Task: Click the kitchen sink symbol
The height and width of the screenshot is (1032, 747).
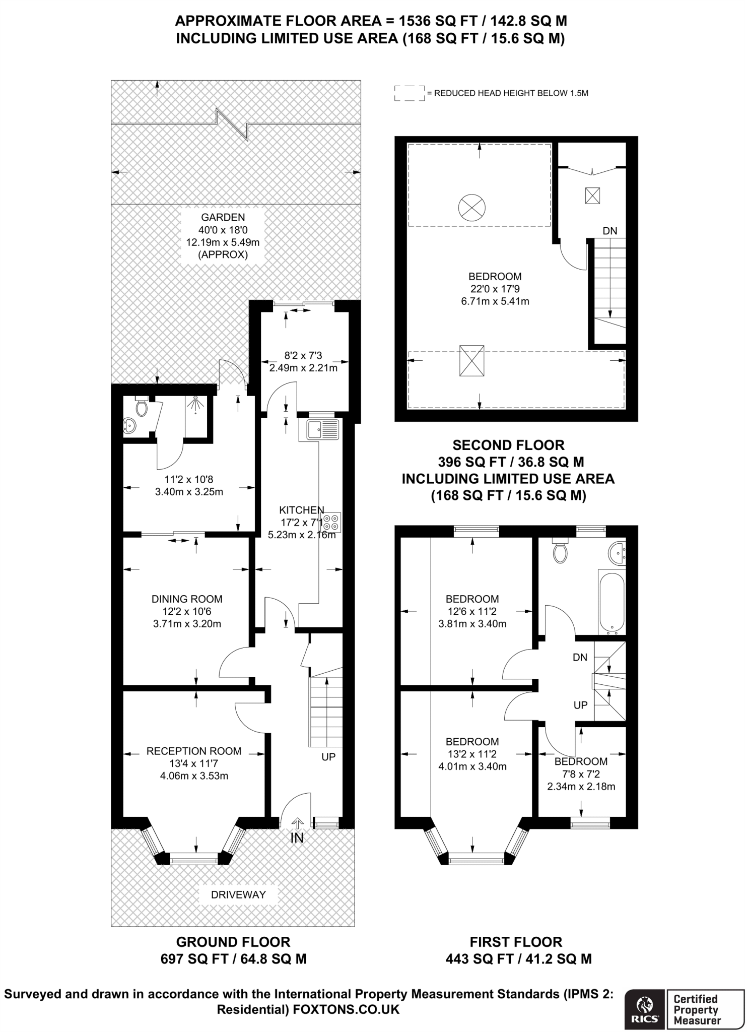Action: coord(323,430)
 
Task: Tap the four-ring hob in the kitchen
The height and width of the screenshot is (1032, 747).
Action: coord(332,523)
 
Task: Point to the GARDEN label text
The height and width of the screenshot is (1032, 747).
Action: coord(223,218)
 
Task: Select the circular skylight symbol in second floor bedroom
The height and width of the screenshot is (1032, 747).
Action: coord(472,207)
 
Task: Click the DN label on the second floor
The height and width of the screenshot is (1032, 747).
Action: coord(609,231)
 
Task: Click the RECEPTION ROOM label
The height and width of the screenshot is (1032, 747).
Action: coord(194,751)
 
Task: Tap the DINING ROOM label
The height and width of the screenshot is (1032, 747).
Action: coord(187,599)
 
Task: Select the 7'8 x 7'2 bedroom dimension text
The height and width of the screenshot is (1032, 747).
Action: coord(581,774)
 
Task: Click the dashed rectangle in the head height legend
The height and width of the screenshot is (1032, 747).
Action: coord(409,93)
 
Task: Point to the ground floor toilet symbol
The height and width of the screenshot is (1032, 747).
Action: coord(142,407)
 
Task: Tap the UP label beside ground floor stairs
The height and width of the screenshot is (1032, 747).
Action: coord(328,757)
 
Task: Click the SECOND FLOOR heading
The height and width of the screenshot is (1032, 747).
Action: coord(508,445)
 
